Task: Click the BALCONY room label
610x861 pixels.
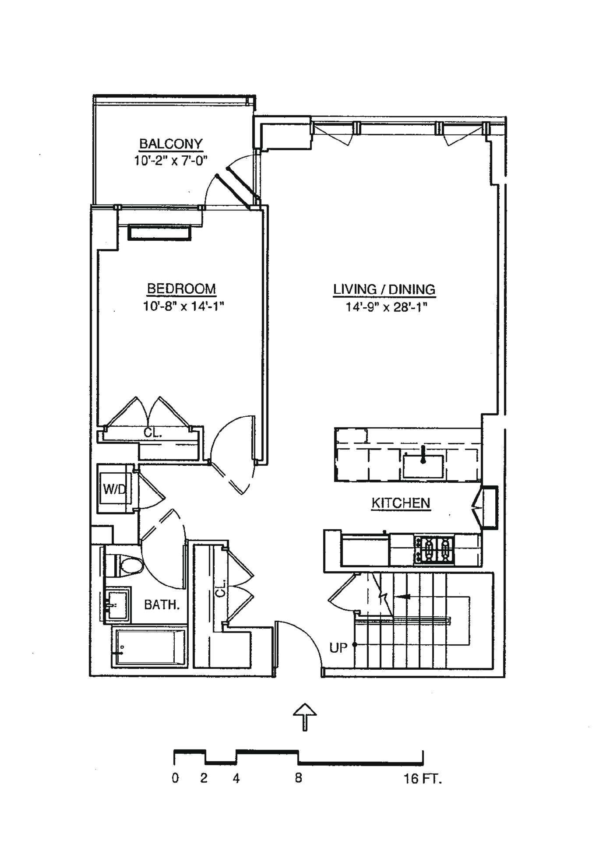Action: [x=170, y=144]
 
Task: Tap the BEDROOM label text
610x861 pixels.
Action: [x=181, y=289]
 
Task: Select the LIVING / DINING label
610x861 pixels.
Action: [x=384, y=289]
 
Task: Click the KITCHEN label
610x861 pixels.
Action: [x=401, y=503]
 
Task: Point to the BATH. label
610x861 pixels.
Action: [x=162, y=605]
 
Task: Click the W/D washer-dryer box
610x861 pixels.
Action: [x=115, y=488]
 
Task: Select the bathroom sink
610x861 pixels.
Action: [x=117, y=604]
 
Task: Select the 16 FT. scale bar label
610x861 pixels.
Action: [x=422, y=779]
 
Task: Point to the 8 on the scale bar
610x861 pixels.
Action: [x=298, y=779]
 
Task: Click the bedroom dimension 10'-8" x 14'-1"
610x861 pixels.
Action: [x=183, y=306]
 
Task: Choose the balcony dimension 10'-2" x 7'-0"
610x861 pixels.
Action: [x=170, y=161]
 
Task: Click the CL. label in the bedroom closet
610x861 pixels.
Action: [x=153, y=433]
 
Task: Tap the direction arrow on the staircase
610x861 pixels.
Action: [x=403, y=596]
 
